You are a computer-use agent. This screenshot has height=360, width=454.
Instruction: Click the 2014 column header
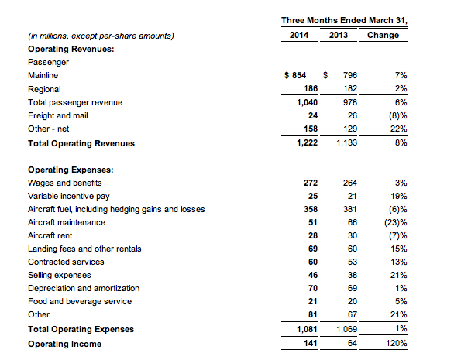pos(299,35)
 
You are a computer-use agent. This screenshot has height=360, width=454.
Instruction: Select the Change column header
pos(383,35)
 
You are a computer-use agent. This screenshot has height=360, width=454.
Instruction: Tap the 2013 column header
pos(339,35)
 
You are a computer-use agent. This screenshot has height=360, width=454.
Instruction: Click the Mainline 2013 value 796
pos(350,75)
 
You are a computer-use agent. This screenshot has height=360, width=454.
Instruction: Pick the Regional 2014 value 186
pos(311,88)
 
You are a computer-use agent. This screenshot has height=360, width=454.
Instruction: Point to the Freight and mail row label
pos(58,116)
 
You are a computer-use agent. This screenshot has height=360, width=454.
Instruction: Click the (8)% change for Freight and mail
pos(397,116)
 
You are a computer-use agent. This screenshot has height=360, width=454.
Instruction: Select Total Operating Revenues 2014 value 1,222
pos(308,142)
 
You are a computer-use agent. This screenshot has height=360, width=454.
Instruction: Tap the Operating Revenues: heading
pos(71,49)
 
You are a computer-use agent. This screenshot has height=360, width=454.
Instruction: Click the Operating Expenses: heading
pos(71,170)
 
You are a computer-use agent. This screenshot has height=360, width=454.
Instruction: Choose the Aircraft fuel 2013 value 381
pos(350,209)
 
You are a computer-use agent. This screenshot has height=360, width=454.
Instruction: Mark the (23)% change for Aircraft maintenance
pos(396,222)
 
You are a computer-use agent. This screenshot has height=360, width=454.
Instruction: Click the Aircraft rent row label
pos(50,235)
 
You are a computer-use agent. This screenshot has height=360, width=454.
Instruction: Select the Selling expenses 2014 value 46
pos(313,275)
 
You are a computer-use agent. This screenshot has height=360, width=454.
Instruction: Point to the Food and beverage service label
pos(80,301)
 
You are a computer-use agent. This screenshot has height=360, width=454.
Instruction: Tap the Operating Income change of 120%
pos(397,343)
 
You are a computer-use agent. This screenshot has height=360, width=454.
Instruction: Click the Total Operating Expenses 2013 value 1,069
pos(346,329)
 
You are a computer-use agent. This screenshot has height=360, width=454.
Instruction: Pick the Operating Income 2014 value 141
pos(311,343)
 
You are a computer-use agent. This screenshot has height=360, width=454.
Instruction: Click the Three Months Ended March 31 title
pos(344,21)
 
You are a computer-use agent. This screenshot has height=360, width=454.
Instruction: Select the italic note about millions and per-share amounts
pos(101,36)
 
